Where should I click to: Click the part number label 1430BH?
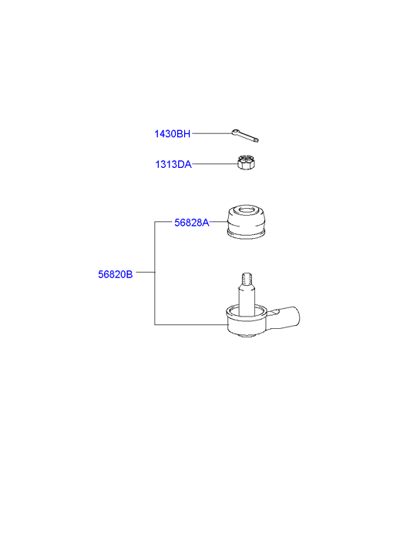[x=173, y=134]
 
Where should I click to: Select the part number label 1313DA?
[x=173, y=165]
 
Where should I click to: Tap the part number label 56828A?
[x=192, y=223]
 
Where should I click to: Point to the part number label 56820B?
[x=116, y=274]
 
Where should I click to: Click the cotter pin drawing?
[x=245, y=136]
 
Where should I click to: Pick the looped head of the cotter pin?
[x=235, y=132]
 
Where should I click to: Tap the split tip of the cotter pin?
[x=256, y=140]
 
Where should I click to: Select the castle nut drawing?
[x=247, y=162]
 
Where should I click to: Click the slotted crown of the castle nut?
[x=246, y=158]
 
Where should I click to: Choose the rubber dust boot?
[x=247, y=222]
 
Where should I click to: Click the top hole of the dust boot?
[x=247, y=210]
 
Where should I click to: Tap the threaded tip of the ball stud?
[x=247, y=278]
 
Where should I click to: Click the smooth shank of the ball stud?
[x=247, y=300]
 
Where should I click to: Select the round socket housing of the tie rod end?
[x=247, y=320]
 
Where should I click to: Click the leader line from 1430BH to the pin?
[x=212, y=133]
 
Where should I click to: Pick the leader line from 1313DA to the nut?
[x=215, y=164]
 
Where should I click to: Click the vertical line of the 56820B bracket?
[x=155, y=273]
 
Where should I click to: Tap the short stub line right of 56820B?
[x=146, y=272]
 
